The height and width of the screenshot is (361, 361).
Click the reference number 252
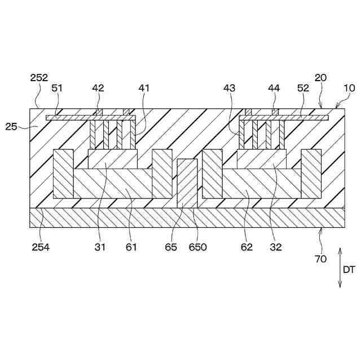coord(39,78)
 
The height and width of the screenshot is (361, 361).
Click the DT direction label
coord(349,270)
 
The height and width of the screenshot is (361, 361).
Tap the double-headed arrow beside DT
coord(340,268)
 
